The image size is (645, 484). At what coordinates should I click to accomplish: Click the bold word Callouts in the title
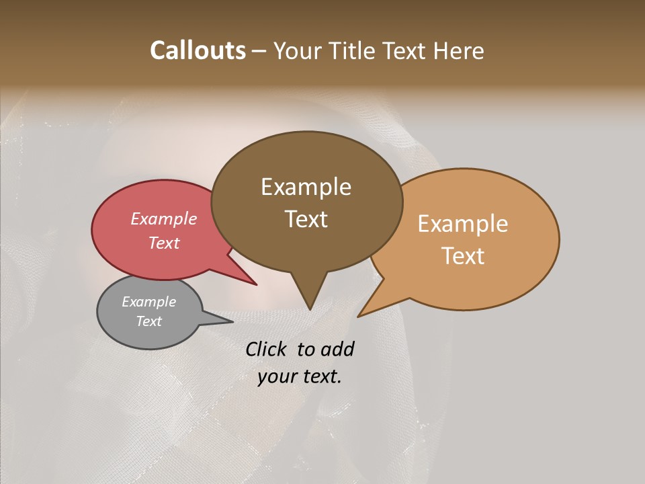(198, 50)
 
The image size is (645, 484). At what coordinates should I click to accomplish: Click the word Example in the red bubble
(163, 218)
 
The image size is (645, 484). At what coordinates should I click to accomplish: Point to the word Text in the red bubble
(163, 243)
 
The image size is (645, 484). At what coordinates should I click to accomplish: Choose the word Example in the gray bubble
(148, 302)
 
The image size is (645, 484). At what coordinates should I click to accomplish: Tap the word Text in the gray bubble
(148, 321)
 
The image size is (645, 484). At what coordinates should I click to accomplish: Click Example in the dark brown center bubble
(306, 187)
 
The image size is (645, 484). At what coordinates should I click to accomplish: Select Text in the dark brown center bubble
(306, 219)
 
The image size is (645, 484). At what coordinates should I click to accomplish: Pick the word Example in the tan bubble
(462, 224)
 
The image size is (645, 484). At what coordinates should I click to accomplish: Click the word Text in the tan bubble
(462, 256)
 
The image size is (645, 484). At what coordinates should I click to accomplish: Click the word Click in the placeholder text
(267, 349)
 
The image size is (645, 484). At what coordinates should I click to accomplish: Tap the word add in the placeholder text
(337, 349)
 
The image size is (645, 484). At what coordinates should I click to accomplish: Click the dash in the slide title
(259, 51)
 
